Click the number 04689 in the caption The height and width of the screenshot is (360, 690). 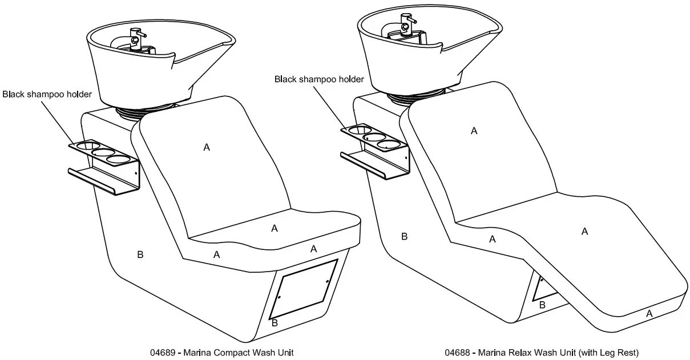point(162,352)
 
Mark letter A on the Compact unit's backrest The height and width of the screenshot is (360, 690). point(207,147)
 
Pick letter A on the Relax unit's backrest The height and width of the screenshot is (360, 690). point(474,131)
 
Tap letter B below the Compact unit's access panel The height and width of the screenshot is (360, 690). point(275,323)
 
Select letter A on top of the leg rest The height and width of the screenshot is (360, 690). point(584,231)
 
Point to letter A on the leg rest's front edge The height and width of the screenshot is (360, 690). point(649,313)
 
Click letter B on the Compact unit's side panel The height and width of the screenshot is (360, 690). point(140,254)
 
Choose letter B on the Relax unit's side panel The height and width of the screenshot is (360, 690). point(404,236)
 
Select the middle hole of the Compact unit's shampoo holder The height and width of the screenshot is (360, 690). point(103,153)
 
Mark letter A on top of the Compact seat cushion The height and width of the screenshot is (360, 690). point(274,228)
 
